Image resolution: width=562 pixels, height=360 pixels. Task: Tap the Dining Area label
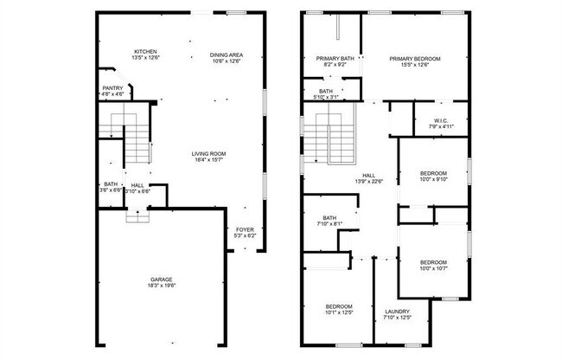(227, 55)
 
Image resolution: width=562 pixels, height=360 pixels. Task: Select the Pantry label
(112, 87)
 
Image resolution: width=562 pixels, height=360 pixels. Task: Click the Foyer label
(246, 229)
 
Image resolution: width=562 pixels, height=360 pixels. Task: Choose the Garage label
(162, 280)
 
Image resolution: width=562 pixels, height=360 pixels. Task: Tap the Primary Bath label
(333, 58)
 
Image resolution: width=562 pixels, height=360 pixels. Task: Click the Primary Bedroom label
(414, 58)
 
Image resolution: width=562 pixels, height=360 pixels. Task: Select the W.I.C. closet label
(441, 120)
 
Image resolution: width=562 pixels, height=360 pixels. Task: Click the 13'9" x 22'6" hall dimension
(368, 181)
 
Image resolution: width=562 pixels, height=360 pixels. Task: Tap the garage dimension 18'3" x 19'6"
(162, 286)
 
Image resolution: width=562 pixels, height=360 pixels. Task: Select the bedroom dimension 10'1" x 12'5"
(339, 312)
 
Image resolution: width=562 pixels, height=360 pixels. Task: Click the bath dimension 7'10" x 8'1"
(329, 223)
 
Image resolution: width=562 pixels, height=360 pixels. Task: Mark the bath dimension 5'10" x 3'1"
(326, 97)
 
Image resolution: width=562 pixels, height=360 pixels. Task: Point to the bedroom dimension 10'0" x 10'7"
(433, 267)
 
